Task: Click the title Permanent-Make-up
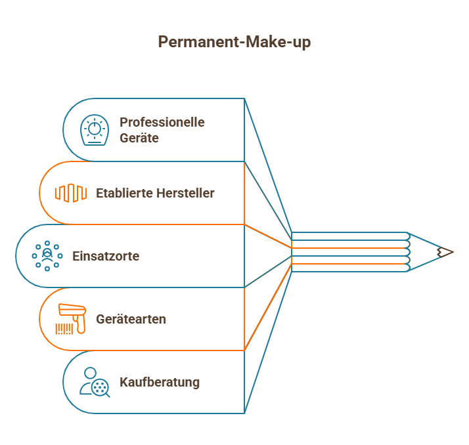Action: (x=234, y=42)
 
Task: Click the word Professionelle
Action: (x=162, y=122)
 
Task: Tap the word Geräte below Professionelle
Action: (x=139, y=138)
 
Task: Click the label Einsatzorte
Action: (x=106, y=256)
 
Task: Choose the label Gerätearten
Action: (x=131, y=319)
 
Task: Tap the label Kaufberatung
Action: (x=160, y=382)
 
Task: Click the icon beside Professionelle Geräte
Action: (x=95, y=130)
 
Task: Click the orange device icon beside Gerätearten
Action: (x=71, y=319)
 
